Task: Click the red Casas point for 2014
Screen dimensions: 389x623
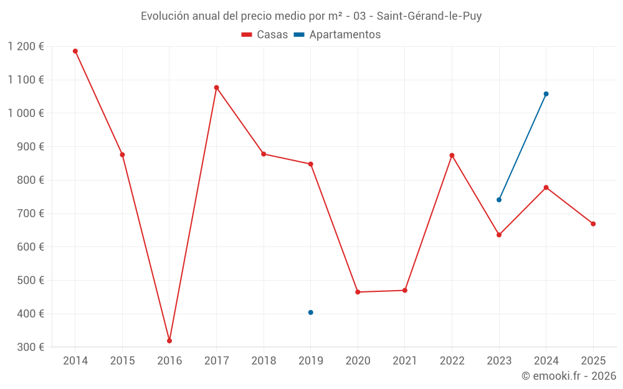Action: tap(75, 51)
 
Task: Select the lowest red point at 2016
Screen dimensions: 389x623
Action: tap(169, 340)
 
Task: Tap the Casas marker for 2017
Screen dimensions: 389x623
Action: tap(216, 88)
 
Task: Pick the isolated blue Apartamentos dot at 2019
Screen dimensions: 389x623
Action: tap(310, 312)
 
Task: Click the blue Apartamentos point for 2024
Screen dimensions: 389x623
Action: tap(546, 94)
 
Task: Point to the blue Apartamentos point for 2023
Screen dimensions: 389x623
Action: tap(499, 200)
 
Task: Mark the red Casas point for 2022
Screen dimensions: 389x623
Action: tap(452, 155)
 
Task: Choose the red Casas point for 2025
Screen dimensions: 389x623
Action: tap(593, 224)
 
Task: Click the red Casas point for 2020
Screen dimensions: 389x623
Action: tap(358, 292)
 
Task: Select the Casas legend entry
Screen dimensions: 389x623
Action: tap(265, 35)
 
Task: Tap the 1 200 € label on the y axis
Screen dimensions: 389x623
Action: tap(26, 47)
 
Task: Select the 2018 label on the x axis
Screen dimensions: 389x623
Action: tap(264, 361)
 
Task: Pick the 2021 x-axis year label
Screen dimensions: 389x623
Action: tap(405, 361)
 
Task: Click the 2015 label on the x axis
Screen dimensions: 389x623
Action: tap(122, 361)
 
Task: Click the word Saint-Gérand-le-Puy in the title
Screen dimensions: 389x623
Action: tap(429, 16)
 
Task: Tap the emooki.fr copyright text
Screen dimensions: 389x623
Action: tap(568, 376)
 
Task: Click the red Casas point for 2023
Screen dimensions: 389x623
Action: tap(499, 235)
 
